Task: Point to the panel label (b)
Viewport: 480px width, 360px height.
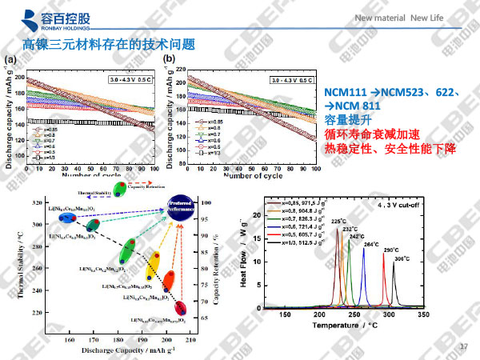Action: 169,58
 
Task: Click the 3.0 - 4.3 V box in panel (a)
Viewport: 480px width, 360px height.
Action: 131,81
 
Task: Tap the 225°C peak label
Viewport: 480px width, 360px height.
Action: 338,222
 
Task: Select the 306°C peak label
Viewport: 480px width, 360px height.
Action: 402,258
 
